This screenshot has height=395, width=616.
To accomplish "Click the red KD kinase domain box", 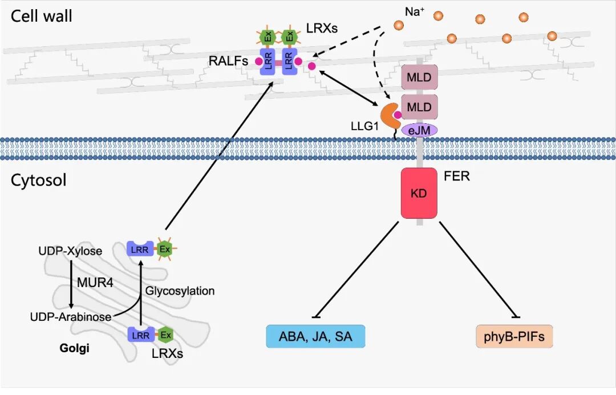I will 419,193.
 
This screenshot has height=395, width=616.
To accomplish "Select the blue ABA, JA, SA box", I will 315,337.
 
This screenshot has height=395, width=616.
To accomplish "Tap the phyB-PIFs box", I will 514,337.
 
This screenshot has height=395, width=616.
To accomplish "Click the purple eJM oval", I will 420,131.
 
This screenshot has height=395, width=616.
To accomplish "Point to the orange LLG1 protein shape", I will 387,114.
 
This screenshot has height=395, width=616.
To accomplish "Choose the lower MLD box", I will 419,106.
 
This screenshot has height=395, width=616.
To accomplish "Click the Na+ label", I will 414,11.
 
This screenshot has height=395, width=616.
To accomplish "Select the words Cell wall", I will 42,16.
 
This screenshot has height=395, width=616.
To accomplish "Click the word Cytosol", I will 38,180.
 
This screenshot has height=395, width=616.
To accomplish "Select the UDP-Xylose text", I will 70,251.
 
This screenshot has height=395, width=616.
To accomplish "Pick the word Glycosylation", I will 180,291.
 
